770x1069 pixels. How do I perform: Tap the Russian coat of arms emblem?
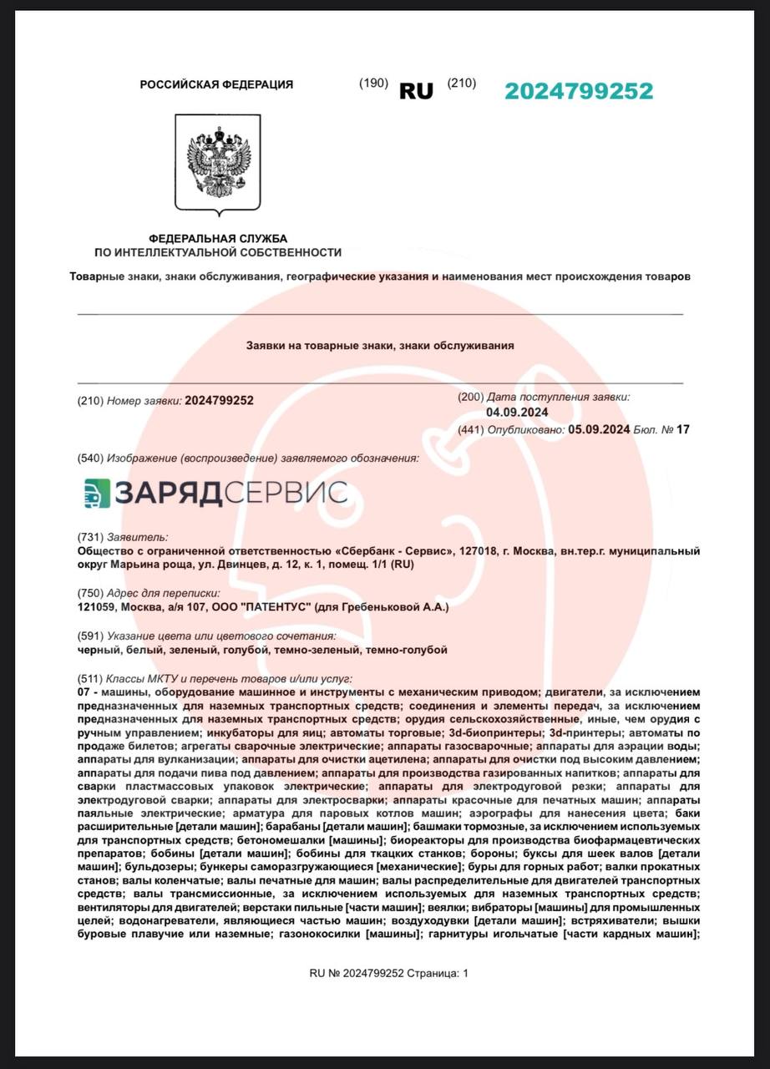click(x=217, y=165)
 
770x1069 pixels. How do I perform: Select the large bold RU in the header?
click(x=416, y=92)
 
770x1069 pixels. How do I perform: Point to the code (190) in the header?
click(x=373, y=84)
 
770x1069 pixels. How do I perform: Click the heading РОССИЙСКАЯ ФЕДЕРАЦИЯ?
click(x=216, y=84)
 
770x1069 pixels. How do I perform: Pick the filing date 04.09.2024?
click(x=517, y=413)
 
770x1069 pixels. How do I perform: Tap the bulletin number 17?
click(x=684, y=430)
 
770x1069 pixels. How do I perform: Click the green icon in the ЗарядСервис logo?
click(x=97, y=493)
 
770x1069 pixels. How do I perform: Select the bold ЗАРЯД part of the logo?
click(x=167, y=493)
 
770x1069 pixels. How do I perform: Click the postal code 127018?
click(x=477, y=551)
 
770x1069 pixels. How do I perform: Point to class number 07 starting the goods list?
click(x=82, y=692)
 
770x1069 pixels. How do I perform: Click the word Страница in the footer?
click(x=433, y=973)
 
